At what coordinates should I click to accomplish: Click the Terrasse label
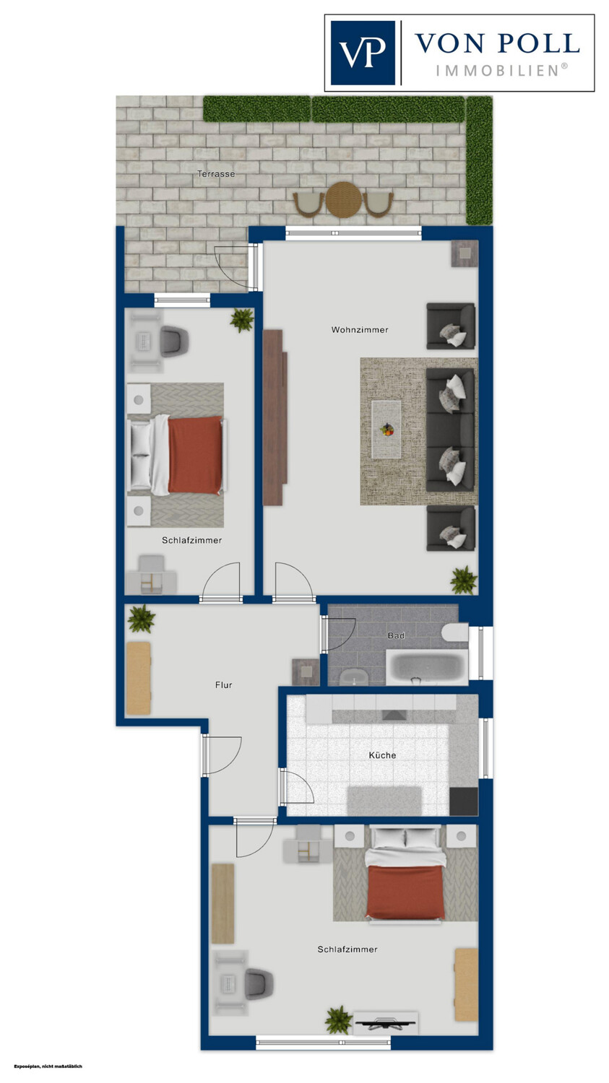(x=216, y=173)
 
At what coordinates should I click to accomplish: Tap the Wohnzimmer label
(x=359, y=330)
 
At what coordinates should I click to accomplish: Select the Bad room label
(x=396, y=635)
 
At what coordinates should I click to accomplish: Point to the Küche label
(x=382, y=754)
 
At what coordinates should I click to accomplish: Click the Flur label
(x=223, y=684)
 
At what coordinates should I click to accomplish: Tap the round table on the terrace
(x=343, y=200)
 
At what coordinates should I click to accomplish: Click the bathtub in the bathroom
(x=427, y=667)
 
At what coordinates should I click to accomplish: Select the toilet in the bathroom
(x=454, y=632)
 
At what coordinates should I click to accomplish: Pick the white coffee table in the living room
(x=386, y=429)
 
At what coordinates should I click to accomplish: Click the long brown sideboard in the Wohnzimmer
(x=275, y=417)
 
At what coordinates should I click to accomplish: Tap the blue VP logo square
(x=363, y=53)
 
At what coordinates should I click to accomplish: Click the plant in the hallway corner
(x=142, y=618)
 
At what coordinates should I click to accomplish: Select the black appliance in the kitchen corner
(x=463, y=801)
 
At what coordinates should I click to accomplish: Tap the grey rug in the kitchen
(x=384, y=801)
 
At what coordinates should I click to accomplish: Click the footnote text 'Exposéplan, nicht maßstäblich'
(x=48, y=1066)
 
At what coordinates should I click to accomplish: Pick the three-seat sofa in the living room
(x=450, y=430)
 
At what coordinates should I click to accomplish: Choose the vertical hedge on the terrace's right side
(x=479, y=160)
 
